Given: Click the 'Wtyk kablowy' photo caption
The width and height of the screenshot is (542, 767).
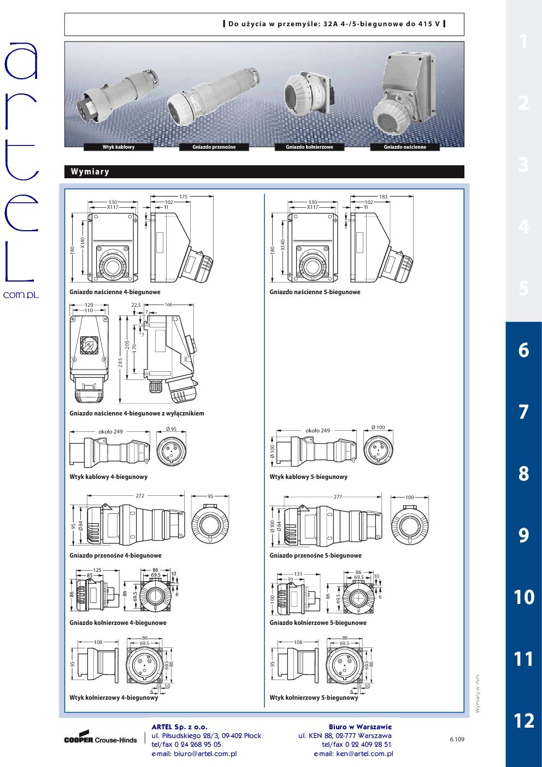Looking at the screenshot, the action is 119,147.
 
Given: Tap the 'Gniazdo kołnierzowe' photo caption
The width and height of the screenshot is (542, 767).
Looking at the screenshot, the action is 309,147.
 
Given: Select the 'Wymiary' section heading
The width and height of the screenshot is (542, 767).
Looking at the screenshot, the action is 90,172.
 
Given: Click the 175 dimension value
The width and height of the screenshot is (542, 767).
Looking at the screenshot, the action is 184,197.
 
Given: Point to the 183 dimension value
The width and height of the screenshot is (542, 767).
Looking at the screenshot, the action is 383,197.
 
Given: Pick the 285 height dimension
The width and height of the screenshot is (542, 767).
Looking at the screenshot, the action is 120,362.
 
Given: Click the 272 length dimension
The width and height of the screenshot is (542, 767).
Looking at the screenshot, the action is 140,495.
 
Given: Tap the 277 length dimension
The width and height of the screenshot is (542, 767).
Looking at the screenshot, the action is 338,497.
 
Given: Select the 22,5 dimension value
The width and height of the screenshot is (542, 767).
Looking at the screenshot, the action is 136,305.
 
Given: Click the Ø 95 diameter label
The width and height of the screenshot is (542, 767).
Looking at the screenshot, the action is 171,429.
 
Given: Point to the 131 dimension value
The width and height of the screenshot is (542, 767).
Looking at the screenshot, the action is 298,574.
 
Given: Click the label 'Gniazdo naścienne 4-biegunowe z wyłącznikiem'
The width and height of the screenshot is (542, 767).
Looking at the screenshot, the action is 137,413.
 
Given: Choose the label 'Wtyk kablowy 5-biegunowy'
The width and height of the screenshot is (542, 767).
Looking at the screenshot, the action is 308,477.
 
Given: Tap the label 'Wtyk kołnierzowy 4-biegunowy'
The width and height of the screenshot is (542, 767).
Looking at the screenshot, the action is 114,698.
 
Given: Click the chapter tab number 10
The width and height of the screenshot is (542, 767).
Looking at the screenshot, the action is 524,597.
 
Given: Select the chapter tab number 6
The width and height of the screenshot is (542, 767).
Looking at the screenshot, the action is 524,350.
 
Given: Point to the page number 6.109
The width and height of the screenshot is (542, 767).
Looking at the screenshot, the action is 457,739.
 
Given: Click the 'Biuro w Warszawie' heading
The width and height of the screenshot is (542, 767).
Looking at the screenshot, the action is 360,727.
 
